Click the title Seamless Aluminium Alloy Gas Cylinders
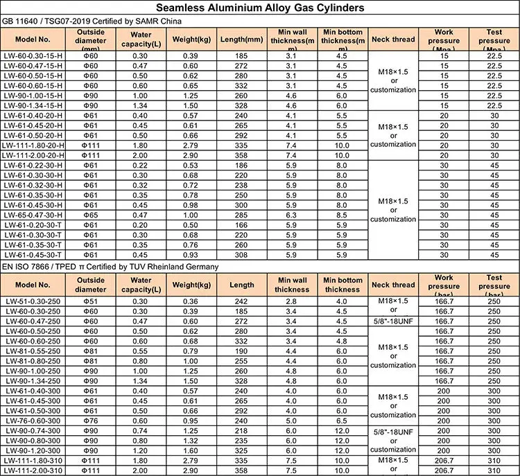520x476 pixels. coord(260,8)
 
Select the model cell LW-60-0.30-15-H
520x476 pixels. coord(33,55)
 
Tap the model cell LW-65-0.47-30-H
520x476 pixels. coord(33,216)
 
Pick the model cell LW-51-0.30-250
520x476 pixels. coord(33,302)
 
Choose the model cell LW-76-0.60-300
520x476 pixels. coord(33,420)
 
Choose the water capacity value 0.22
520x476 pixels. coord(141,166)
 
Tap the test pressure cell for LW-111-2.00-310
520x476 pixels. coord(494,470)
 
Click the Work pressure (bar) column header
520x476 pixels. coord(444,285)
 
